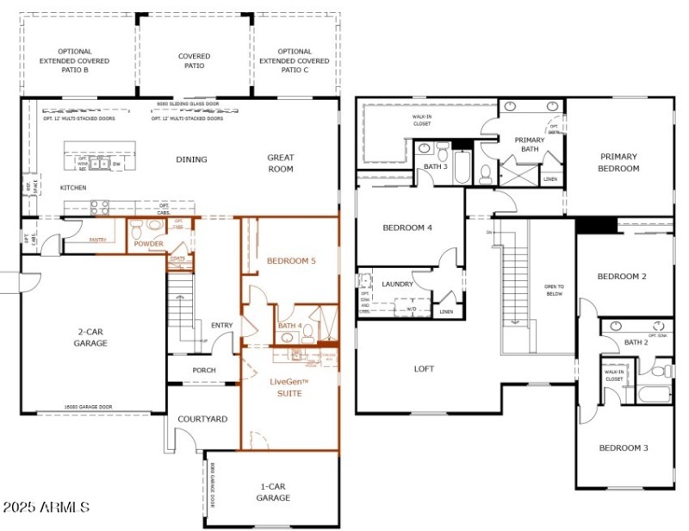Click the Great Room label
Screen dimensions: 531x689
[280, 163]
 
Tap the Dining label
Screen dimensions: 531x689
[191, 159]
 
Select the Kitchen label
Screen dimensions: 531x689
[72, 187]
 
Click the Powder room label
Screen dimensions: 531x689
[148, 244]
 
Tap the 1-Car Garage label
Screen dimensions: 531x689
[273, 492]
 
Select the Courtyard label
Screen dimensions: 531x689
[202, 419]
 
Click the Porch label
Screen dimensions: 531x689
[204, 371]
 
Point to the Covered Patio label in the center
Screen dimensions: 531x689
[194, 61]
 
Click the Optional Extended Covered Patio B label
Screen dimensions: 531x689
[75, 61]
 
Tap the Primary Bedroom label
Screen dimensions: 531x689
[618, 162]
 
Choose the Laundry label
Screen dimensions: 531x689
[397, 284]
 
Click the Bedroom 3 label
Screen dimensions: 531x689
[624, 447]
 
